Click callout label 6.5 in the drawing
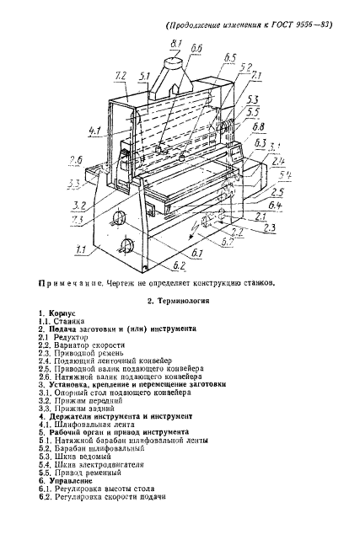(230, 59)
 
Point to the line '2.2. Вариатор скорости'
(83, 345)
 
